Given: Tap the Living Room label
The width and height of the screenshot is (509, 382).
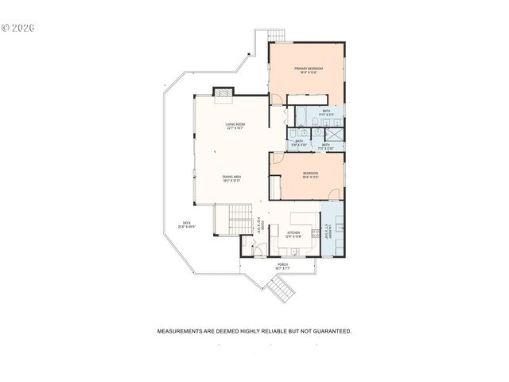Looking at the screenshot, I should (x=235, y=127).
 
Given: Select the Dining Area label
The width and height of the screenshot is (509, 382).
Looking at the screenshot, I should (x=231, y=178).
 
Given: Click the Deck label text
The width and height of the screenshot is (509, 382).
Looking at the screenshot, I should (x=187, y=225).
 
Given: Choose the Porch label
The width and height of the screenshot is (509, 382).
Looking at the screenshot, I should (x=282, y=267).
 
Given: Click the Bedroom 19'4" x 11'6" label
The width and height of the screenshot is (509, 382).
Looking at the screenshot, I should (x=310, y=174).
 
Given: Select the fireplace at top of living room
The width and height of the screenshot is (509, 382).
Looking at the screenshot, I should (x=223, y=92).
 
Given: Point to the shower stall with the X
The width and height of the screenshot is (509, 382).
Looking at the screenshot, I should (x=336, y=134).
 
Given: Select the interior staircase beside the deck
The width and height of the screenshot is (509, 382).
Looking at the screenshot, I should (x=234, y=219).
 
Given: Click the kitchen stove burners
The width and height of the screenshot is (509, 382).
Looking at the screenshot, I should (x=315, y=235).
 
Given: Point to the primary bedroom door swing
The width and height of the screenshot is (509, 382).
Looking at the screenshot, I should (x=275, y=99).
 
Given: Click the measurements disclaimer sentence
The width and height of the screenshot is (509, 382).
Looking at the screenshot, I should (x=254, y=330).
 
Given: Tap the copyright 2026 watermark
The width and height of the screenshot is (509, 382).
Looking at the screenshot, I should (x=18, y=27).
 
